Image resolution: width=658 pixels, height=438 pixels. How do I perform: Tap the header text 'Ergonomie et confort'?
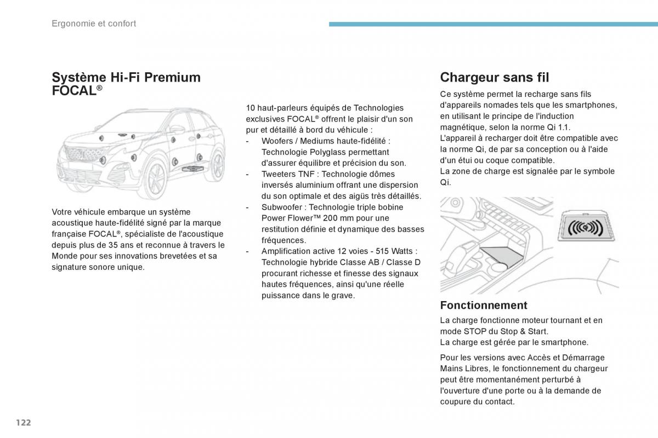(94, 24)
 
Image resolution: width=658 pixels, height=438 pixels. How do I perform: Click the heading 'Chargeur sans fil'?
(495, 77)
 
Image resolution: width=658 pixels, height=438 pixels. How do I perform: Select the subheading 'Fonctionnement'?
(484, 305)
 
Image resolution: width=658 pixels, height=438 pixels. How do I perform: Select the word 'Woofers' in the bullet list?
(277, 141)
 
